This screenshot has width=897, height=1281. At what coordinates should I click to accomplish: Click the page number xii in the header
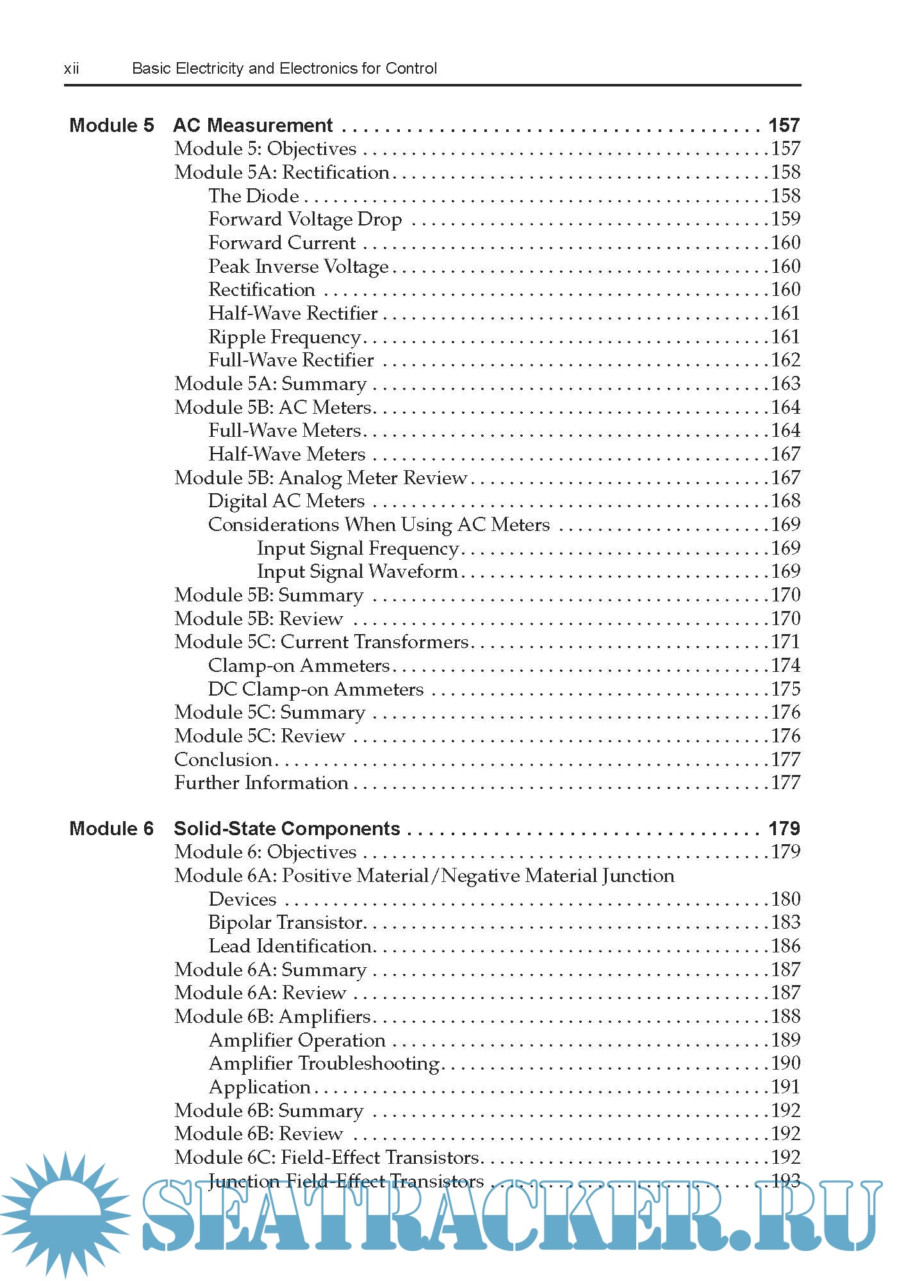tap(72, 69)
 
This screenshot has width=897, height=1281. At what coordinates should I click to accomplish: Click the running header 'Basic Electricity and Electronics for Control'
tap(284, 69)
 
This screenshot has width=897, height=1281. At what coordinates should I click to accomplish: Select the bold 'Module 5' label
tap(111, 125)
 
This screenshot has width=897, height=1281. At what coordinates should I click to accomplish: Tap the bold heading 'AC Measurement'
tap(253, 125)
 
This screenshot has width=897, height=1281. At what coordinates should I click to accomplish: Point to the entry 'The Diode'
tap(254, 196)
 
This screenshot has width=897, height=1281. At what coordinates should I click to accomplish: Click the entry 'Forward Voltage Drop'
tap(305, 220)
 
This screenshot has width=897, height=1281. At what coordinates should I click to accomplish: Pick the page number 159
tap(786, 219)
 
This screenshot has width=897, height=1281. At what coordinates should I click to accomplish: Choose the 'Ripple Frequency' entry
tap(284, 338)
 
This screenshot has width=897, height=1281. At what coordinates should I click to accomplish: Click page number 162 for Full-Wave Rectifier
tap(786, 360)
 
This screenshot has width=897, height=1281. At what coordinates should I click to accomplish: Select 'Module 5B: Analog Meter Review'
tap(320, 478)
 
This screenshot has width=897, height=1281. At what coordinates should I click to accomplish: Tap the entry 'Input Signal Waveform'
tap(357, 572)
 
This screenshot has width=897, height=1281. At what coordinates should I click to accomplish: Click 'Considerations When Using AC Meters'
tap(379, 525)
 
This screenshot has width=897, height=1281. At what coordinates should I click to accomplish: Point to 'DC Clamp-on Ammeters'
tap(316, 690)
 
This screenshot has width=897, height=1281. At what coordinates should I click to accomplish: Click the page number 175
tap(786, 689)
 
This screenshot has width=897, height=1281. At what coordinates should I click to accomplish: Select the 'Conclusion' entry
tap(223, 760)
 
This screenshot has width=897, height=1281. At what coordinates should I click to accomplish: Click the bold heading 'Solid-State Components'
tap(287, 829)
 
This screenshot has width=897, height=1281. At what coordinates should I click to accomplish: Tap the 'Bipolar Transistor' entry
tap(286, 923)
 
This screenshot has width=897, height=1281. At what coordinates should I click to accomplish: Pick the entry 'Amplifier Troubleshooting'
tap(324, 1064)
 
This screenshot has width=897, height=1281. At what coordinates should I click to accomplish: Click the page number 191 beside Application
tap(786, 1087)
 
